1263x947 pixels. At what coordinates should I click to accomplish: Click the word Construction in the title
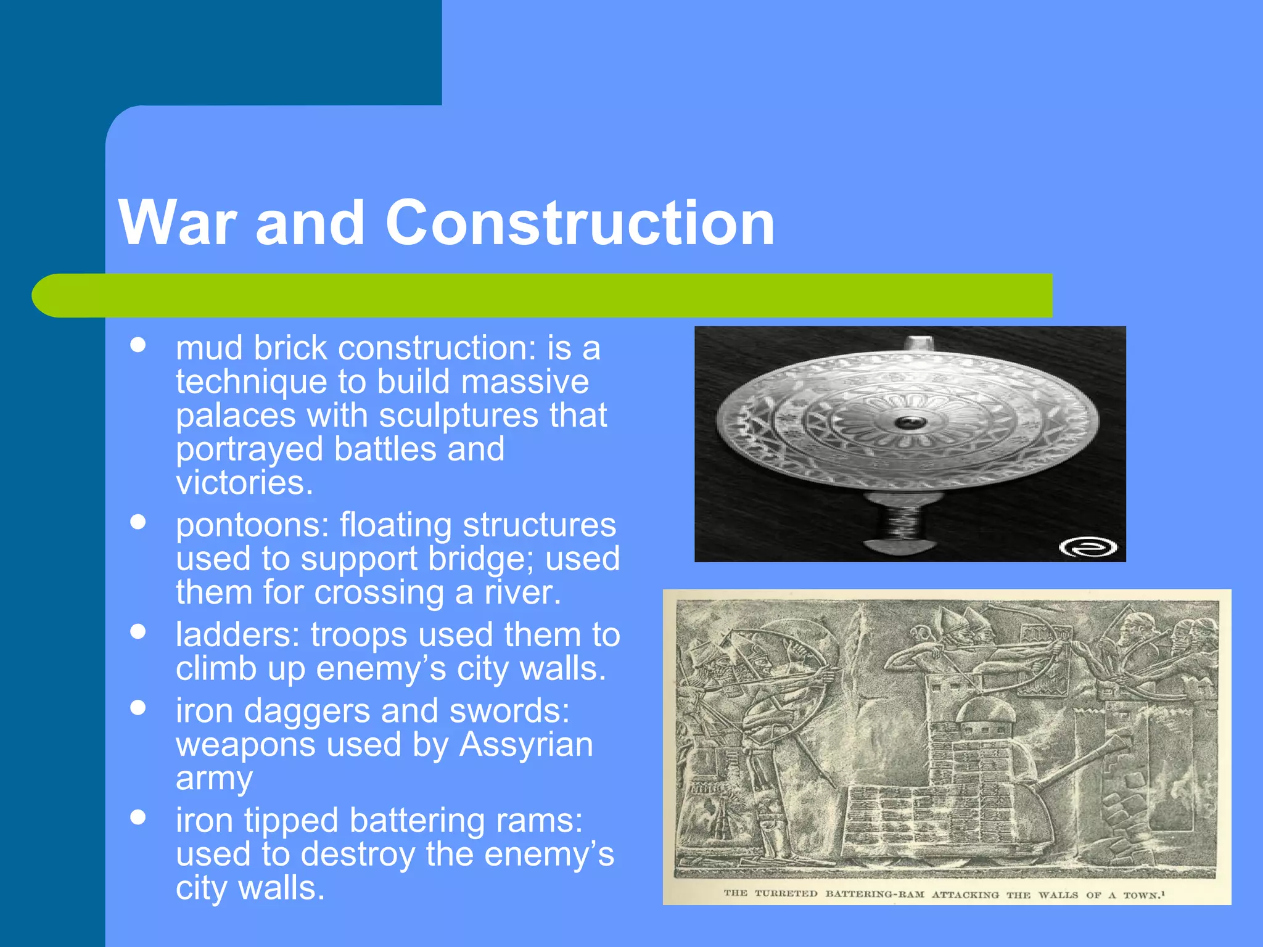580,223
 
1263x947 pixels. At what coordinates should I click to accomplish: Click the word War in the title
178,223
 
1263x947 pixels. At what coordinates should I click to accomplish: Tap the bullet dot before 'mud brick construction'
138,345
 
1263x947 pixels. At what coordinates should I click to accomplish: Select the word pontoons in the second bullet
252,526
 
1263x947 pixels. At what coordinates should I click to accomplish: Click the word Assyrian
526,745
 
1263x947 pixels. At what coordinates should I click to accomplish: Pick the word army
214,779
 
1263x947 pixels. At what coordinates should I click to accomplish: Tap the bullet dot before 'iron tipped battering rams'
138,818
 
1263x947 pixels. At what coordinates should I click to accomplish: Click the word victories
244,483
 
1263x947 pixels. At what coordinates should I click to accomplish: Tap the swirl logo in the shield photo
1088,546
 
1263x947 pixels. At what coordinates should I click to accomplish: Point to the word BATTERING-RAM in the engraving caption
874,894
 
